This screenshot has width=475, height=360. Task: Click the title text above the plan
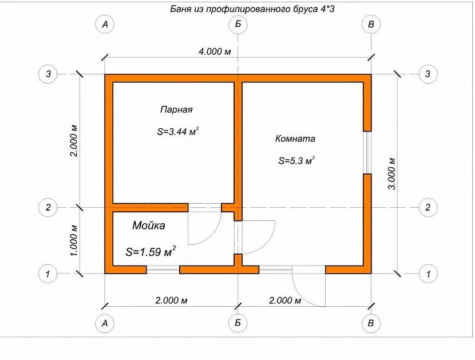pyautogui.click(x=252, y=9)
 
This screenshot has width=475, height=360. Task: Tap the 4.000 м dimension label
pyautogui.click(x=215, y=52)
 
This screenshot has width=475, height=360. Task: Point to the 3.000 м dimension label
pyautogui.click(x=391, y=173)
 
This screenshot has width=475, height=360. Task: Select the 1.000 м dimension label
pyautogui.click(x=74, y=240)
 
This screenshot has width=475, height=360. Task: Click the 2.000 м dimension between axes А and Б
pyautogui.click(x=171, y=300)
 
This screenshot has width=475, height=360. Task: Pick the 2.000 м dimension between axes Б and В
pyautogui.click(x=285, y=300)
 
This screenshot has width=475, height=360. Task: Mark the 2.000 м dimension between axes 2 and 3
pyautogui.click(x=74, y=141)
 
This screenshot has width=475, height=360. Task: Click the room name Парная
pyautogui.click(x=176, y=109)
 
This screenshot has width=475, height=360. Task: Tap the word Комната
pyautogui.click(x=295, y=139)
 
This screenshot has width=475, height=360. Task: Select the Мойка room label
pyautogui.click(x=149, y=226)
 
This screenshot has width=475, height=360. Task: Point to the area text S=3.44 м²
pyautogui.click(x=178, y=132)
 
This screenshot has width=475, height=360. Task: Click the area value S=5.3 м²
pyautogui.click(x=296, y=161)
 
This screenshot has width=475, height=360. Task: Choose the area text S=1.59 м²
pyautogui.click(x=151, y=251)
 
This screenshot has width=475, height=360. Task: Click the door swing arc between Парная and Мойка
pyautogui.click(x=211, y=235)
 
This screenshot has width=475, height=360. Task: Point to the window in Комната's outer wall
pyautogui.click(x=367, y=152)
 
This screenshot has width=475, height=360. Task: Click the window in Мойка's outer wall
pyautogui.click(x=163, y=270)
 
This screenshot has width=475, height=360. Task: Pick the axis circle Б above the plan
pyautogui.click(x=238, y=24)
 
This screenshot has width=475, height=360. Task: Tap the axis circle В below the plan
pyautogui.click(x=371, y=323)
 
